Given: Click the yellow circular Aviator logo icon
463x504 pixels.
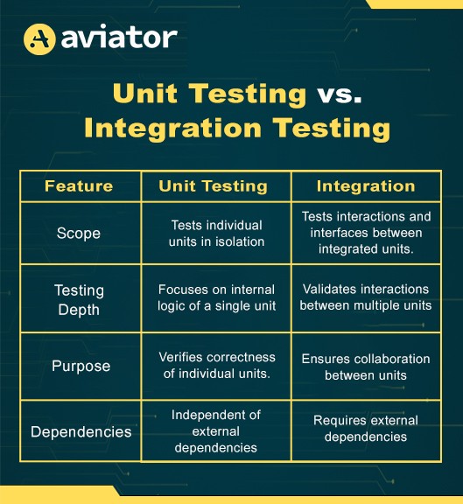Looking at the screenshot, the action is click(x=39, y=39).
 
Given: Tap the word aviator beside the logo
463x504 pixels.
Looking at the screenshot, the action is click(x=119, y=38).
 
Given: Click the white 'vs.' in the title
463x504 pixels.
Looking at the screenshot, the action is click(x=340, y=94).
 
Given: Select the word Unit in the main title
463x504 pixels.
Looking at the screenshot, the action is click(x=145, y=94).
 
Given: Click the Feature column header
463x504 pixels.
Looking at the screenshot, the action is click(x=79, y=185).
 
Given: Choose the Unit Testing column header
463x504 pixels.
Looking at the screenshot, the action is click(x=213, y=186).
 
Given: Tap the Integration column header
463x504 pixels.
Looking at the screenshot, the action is click(x=366, y=186).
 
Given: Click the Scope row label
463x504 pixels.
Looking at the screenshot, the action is click(x=79, y=233).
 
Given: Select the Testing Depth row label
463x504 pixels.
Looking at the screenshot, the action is click(x=79, y=300).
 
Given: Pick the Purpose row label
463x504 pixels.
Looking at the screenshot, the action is click(x=81, y=366).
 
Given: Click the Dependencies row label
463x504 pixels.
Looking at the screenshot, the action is click(x=81, y=431).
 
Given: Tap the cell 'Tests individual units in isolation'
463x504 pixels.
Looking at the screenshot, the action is click(x=216, y=234).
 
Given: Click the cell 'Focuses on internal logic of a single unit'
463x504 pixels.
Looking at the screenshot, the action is click(x=216, y=297).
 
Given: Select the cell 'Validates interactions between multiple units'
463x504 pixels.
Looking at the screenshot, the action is click(x=366, y=297).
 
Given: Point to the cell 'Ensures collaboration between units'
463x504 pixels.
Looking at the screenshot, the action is click(x=366, y=367).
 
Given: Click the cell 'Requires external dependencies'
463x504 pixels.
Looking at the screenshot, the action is click(x=366, y=429).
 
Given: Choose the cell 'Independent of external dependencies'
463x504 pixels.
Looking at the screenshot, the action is click(x=215, y=431).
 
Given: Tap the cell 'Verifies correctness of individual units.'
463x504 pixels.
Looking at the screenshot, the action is click(x=217, y=365).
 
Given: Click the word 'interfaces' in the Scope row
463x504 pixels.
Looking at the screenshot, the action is click(x=337, y=233).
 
